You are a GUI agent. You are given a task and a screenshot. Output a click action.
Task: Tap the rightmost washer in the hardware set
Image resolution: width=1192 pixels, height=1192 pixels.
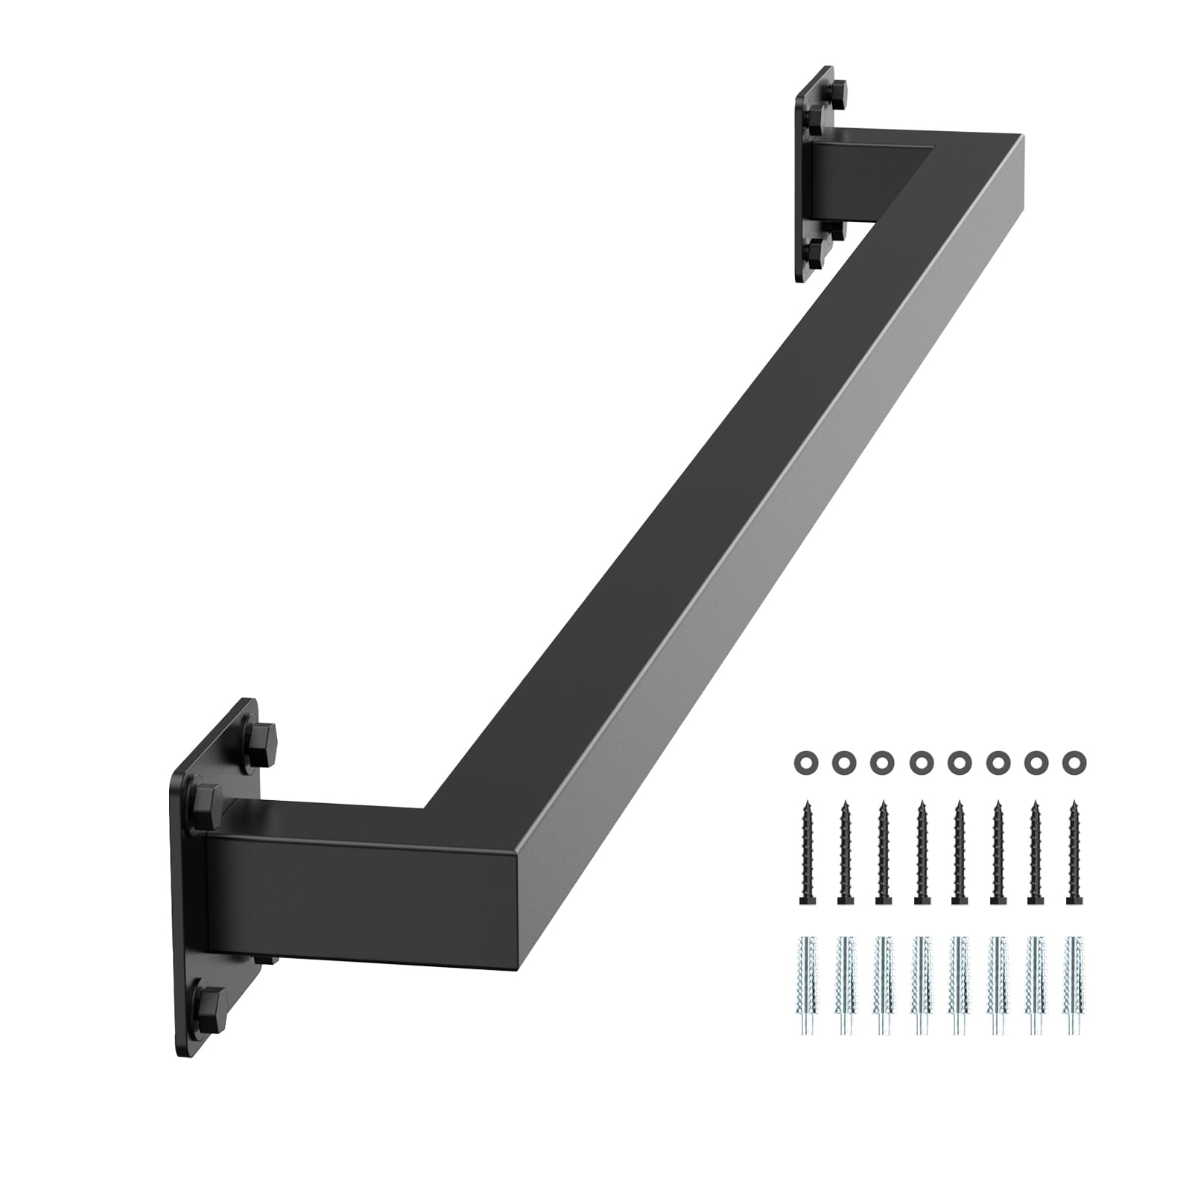click(1074, 761)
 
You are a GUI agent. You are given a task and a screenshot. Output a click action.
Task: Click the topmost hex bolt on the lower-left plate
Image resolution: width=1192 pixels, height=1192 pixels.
click(262, 738)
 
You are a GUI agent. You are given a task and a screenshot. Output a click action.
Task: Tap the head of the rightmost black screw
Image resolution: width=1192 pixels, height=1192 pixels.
click(1074, 900)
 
